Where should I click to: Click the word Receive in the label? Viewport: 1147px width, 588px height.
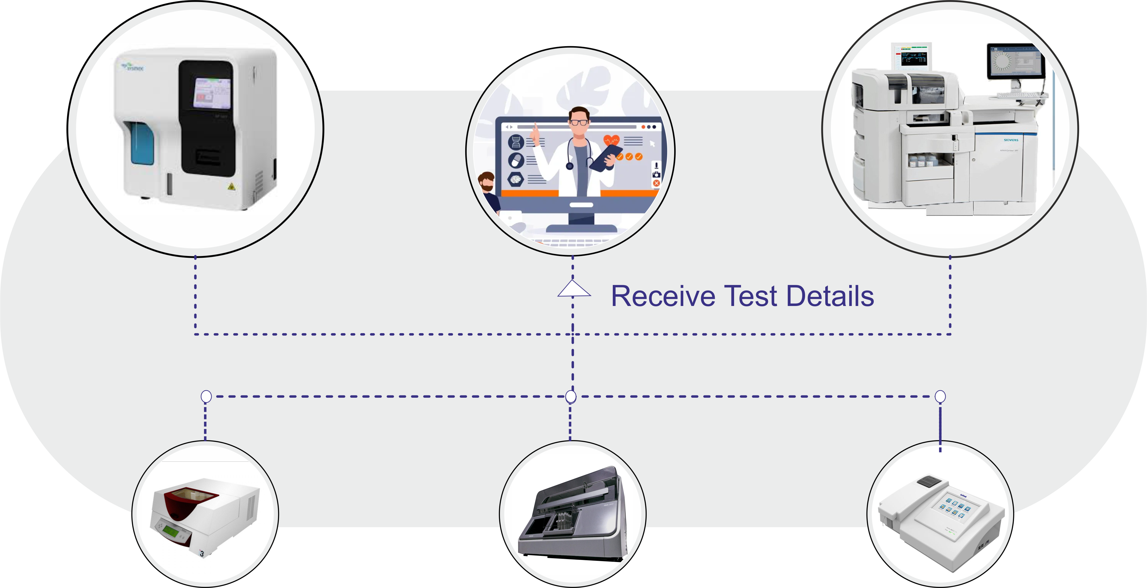click(662, 296)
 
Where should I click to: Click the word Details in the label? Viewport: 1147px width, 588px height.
click(830, 296)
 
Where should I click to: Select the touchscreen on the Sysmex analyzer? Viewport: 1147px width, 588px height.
click(212, 93)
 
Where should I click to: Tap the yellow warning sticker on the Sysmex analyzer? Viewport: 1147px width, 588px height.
click(231, 187)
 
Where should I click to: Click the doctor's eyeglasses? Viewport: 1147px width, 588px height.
click(579, 122)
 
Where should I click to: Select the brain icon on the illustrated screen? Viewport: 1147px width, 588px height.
click(515, 179)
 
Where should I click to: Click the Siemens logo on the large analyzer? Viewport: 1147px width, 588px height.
click(1011, 140)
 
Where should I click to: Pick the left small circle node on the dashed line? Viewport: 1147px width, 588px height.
click(206, 396)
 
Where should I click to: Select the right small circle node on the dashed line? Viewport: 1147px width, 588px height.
click(940, 396)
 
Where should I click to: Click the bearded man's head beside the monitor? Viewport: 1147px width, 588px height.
click(487, 181)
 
